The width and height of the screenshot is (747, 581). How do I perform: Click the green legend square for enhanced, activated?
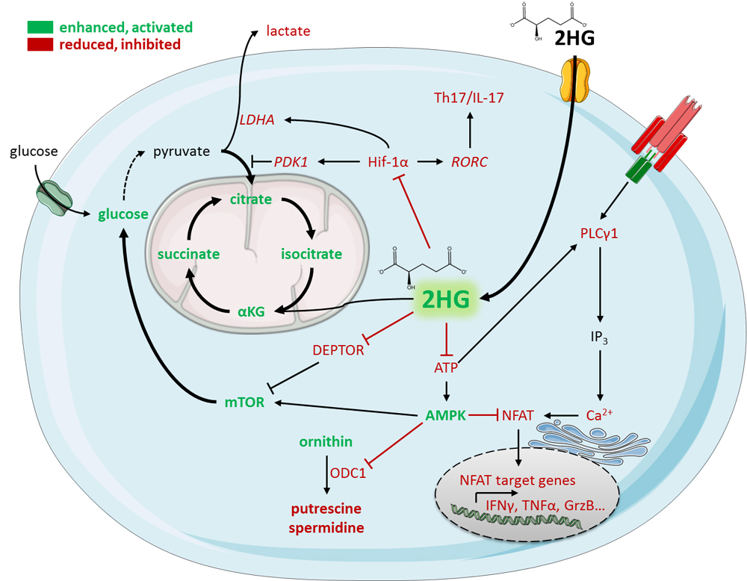pyautogui.click(x=40, y=28)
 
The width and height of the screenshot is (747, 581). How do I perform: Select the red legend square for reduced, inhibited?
pyautogui.click(x=40, y=45)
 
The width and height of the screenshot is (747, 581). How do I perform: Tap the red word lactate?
pyautogui.click(x=288, y=31)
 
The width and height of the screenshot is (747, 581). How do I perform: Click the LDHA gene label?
pyautogui.click(x=257, y=119)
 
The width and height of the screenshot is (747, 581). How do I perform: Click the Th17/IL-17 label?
pyautogui.click(x=469, y=98)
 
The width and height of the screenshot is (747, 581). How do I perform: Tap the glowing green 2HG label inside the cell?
pyautogui.click(x=445, y=299)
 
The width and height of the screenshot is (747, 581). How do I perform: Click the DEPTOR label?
pyautogui.click(x=338, y=350)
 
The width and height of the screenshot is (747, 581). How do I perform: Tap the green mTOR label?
pyautogui.click(x=244, y=403)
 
